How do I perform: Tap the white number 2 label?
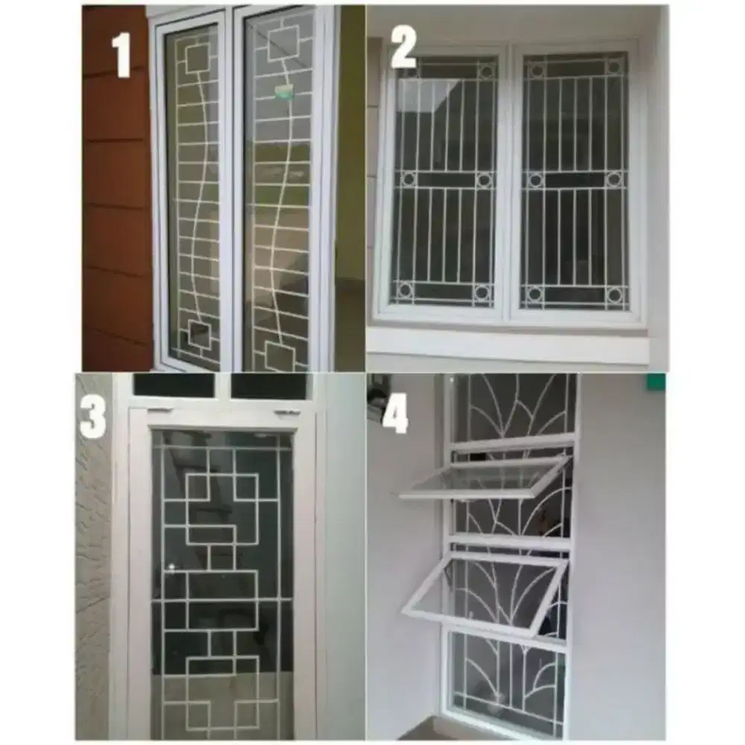click(x=403, y=50)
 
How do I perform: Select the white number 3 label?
click(x=94, y=418)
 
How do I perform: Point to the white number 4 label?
click(x=395, y=415)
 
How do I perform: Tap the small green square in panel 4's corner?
click(x=656, y=382)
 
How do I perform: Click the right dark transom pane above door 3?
click(x=268, y=386)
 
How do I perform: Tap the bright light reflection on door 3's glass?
click(x=172, y=568)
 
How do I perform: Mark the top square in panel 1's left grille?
click(x=197, y=58)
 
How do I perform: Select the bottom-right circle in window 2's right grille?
click(x=615, y=294)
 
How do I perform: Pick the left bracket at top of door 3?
click(x=156, y=410)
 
